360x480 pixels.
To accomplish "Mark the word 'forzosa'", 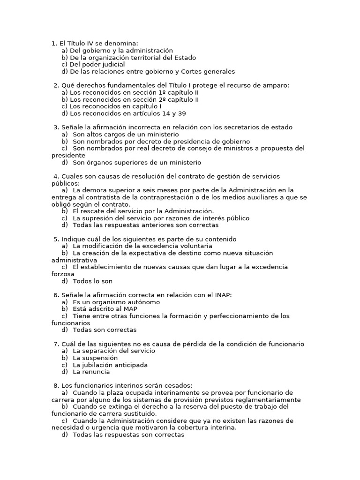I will click(63, 274).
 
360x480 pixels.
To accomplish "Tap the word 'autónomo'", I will click(142, 302).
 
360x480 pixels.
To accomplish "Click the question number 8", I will click(56, 385).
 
